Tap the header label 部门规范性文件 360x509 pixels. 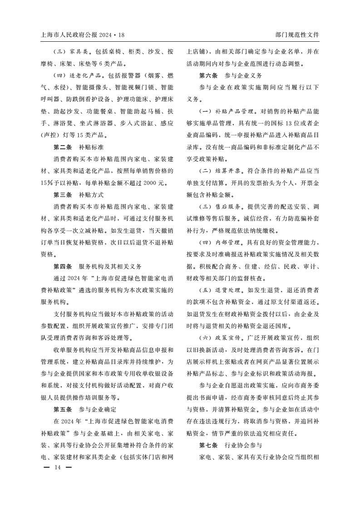297,34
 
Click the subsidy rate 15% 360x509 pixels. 47,183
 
